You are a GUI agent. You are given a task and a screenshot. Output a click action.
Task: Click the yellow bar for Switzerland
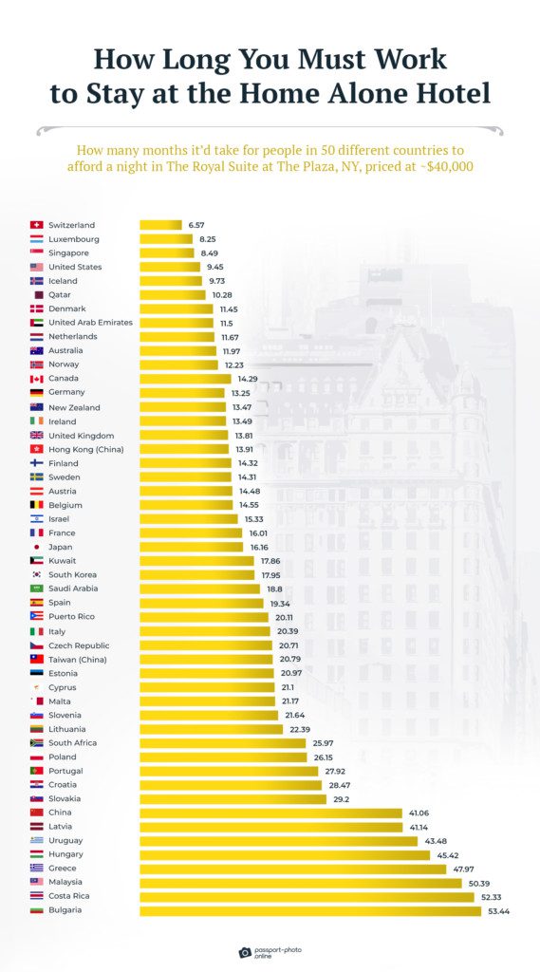pos(160,225)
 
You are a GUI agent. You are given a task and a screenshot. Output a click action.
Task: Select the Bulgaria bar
pos(310,910)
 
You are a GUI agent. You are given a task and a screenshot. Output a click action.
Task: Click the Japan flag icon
pos(36,547)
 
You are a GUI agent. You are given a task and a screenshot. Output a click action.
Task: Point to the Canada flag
pos(36,379)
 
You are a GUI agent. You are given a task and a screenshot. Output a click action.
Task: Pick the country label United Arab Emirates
pos(90,323)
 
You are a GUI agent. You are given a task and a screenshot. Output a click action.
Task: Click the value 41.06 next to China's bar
pos(419,813)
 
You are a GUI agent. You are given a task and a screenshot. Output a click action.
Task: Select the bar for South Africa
pos(222,743)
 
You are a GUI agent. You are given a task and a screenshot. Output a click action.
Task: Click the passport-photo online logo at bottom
pos(270,951)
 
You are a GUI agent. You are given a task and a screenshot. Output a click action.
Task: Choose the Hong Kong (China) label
pos(85,449)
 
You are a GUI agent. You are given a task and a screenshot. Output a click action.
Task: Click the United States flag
pos(36,267)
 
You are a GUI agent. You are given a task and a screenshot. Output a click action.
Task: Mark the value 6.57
pos(196,225)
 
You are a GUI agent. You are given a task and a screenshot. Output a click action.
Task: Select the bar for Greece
pos(292,869)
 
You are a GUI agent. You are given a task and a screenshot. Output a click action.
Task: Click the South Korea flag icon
pos(36,574)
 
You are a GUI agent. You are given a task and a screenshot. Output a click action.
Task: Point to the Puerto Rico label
pos(72,617)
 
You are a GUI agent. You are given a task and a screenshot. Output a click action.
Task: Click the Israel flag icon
pos(36,519)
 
